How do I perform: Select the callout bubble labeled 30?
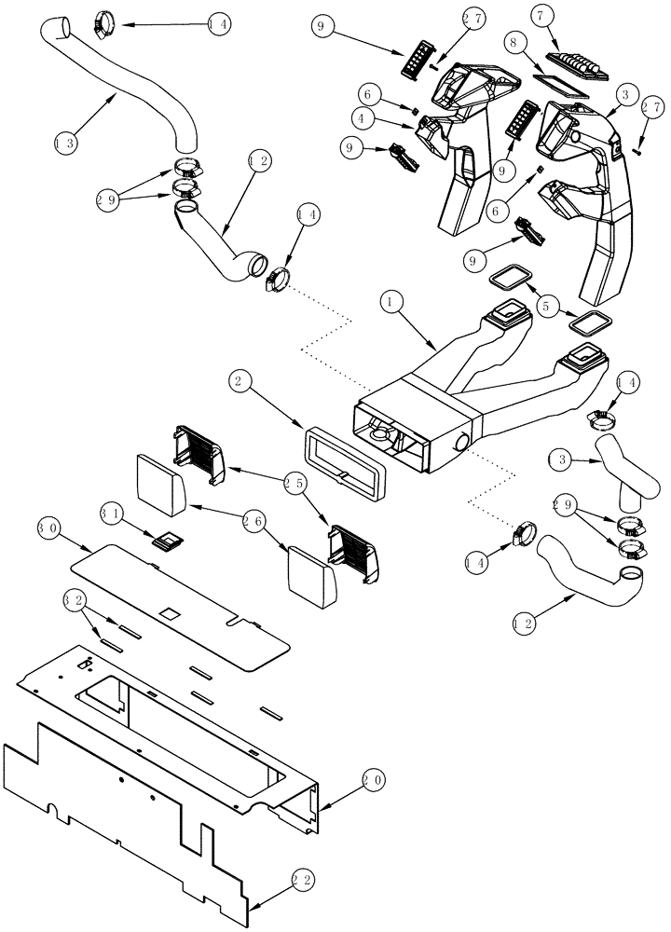point(48,528)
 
